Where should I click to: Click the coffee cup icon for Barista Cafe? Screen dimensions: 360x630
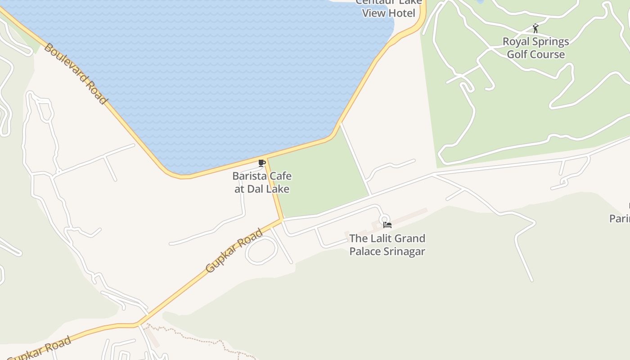click(x=262, y=163)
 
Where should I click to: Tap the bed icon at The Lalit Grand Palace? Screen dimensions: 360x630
click(x=387, y=225)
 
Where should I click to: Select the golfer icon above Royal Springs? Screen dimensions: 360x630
click(x=535, y=29)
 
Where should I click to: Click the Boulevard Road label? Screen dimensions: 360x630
click(x=76, y=74)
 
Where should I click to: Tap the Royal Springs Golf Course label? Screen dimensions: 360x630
click(x=535, y=48)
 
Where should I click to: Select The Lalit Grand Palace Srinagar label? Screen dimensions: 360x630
click(x=387, y=245)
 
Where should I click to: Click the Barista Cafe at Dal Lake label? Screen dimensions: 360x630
click(x=262, y=182)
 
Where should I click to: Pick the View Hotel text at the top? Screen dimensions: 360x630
click(x=389, y=13)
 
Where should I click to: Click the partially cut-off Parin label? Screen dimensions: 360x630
click(x=620, y=219)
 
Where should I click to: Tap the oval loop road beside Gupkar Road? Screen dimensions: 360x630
click(x=261, y=250)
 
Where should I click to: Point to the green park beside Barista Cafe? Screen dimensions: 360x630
click(x=319, y=180)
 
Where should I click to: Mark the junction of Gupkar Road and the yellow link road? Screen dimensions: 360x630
click(x=282, y=220)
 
